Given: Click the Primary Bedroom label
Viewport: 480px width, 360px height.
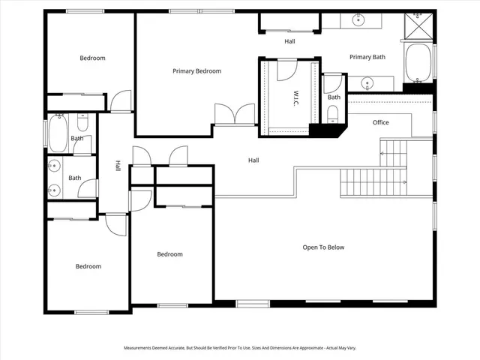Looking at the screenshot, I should (x=196, y=71).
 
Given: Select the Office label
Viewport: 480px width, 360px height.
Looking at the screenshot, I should (x=380, y=122).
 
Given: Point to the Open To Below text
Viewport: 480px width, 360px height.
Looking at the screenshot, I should (x=323, y=247).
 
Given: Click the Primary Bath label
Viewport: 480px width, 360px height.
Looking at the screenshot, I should (x=367, y=57).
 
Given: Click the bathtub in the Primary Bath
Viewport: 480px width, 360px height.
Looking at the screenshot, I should (x=419, y=63).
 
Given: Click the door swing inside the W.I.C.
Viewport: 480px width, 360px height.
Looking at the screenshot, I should (x=286, y=72).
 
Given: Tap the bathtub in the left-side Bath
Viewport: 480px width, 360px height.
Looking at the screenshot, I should (x=58, y=133).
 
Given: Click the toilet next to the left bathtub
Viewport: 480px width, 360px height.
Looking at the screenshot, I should (x=83, y=121).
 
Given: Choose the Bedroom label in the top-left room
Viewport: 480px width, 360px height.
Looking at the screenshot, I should (x=92, y=58).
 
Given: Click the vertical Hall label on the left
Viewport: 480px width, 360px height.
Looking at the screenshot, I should (x=118, y=166).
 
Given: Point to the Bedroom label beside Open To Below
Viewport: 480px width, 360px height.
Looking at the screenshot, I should (x=169, y=254).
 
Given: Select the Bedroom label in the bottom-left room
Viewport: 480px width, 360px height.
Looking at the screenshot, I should (x=88, y=266).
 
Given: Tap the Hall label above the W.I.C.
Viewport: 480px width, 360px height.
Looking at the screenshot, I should (x=289, y=41).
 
